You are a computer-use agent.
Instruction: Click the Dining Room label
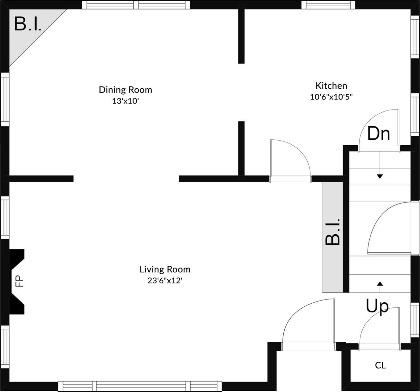[x=125, y=90]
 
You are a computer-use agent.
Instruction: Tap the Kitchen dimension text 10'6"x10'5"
[x=331, y=97]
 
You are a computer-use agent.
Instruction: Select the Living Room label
[x=165, y=269]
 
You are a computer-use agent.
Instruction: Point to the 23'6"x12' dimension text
[x=165, y=281]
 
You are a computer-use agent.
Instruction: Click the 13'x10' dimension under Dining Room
[x=126, y=101]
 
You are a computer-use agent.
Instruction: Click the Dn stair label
[x=378, y=134]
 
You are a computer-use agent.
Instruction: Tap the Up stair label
[x=377, y=306]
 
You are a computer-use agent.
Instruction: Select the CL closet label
[x=380, y=365]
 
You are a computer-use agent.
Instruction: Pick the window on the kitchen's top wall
[x=327, y=5]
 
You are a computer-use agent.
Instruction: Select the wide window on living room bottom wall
[x=140, y=386]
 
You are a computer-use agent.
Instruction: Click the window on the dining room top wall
[x=136, y=5]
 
